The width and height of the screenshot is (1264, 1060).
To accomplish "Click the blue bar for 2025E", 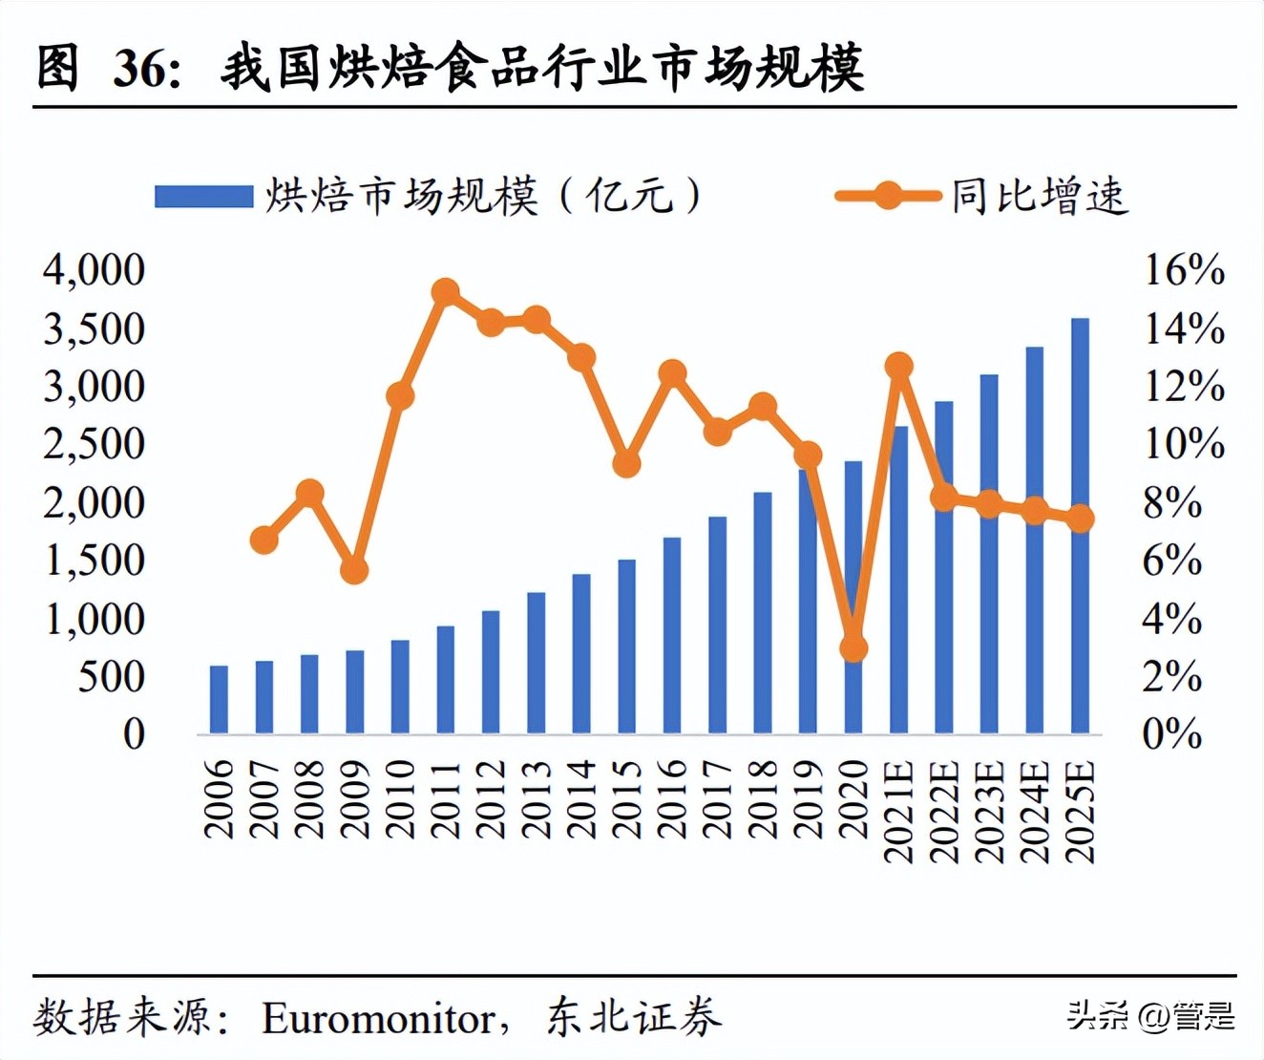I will coord(1080,526).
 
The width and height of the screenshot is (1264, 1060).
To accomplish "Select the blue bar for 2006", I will coord(219,700).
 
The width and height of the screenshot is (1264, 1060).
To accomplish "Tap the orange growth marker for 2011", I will coord(445,292).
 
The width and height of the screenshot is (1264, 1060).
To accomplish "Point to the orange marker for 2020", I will coord(853,649).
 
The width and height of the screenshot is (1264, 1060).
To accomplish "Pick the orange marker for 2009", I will coord(354,570).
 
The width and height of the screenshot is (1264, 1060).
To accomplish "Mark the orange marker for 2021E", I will coord(898,366).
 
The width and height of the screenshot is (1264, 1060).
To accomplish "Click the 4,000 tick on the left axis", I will coord(94,270).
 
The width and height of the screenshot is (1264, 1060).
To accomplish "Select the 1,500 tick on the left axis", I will coord(94,561).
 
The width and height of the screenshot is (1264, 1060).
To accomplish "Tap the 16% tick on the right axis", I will coord(1184,270).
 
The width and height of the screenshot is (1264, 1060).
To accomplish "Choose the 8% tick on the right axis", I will coord(1172,503).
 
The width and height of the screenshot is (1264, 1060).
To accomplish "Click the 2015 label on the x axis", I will coord(627,798).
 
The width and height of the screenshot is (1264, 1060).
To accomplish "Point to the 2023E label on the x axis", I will coord(990,812).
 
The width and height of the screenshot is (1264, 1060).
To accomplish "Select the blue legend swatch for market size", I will coord(203,197).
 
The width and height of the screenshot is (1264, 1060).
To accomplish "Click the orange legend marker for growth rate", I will coord(887,197).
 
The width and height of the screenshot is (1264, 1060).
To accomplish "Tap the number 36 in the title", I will coord(140,69).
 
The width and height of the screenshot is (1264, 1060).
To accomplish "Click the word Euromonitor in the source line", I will coord(378,1018).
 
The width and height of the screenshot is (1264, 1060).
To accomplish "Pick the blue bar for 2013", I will coord(536,663).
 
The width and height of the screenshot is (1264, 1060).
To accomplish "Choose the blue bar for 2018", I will coord(762,613).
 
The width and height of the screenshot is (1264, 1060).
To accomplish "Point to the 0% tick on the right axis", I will coord(1172,734).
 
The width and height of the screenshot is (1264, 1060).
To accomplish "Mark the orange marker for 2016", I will coord(672,373).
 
